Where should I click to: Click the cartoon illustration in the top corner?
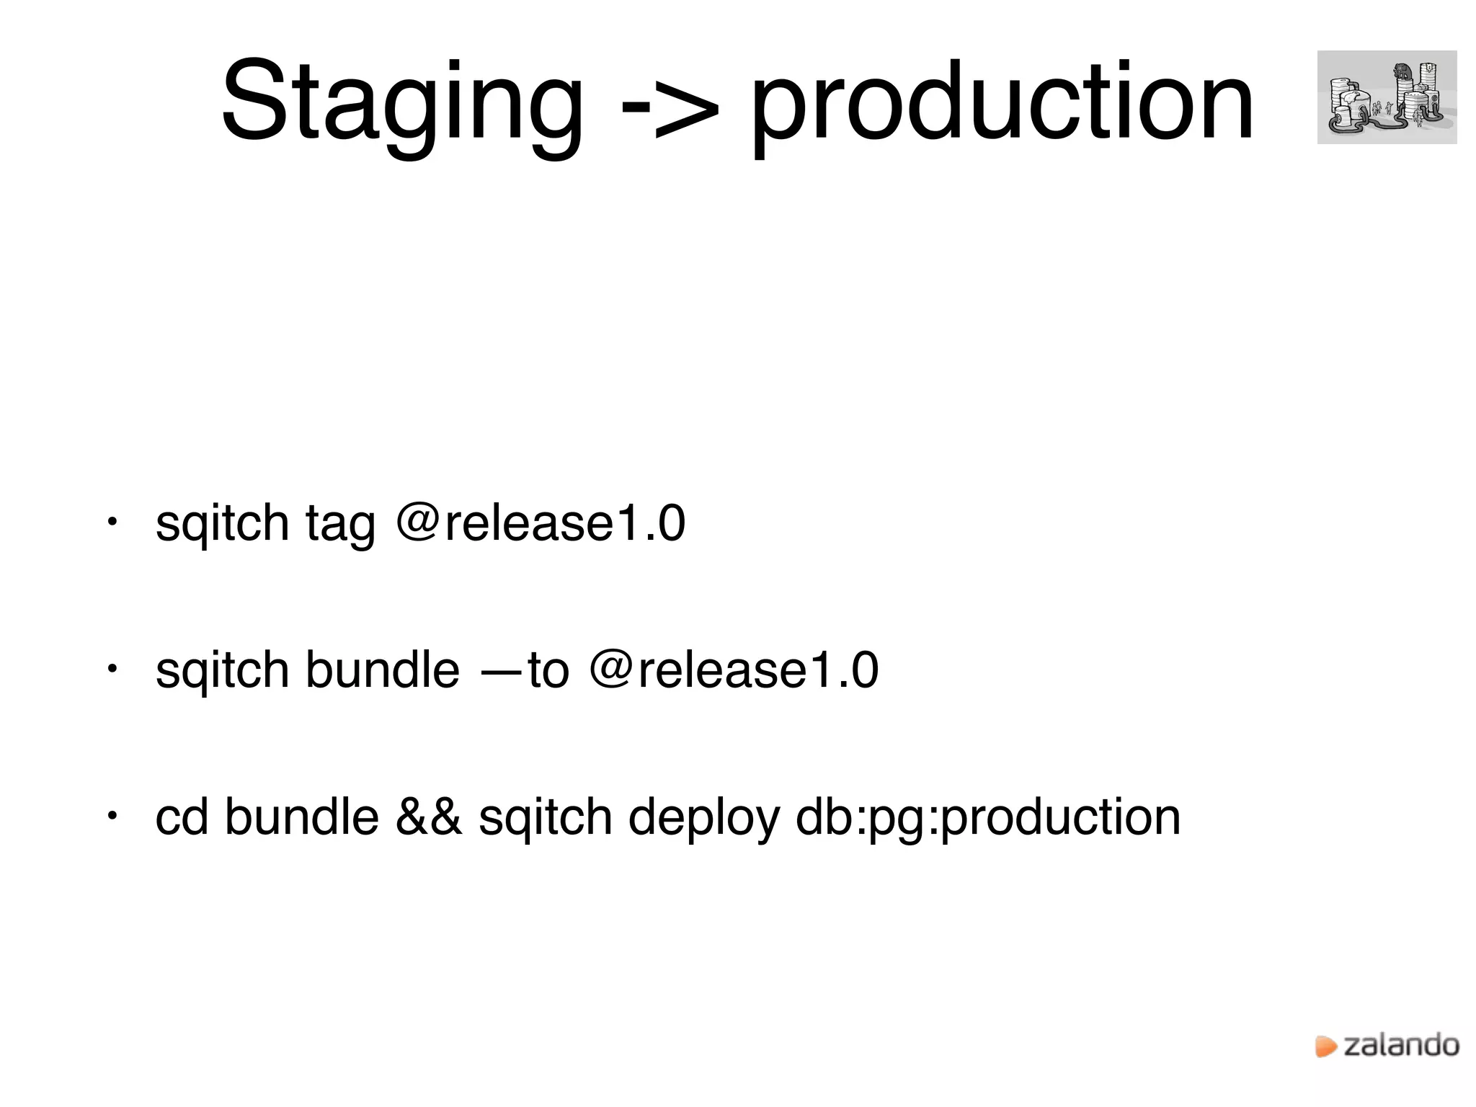click(1387, 97)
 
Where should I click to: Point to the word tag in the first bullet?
click(340, 525)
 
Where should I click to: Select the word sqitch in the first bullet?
click(222, 525)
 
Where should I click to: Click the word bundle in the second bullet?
click(382, 670)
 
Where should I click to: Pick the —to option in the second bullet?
click(525, 670)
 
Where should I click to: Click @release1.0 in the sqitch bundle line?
click(734, 670)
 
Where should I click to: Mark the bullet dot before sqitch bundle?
click(112, 668)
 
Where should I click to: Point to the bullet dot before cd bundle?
click(112, 815)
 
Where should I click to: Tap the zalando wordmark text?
click(1401, 1045)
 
